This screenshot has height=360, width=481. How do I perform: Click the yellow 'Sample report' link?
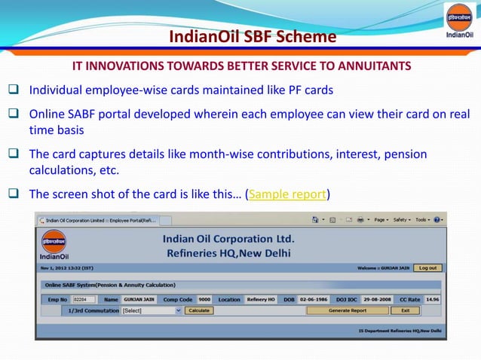287,194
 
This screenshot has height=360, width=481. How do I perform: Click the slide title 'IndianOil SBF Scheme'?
242,37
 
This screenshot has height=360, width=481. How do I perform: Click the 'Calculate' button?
199,310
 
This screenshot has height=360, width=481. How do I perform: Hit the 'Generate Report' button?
347,310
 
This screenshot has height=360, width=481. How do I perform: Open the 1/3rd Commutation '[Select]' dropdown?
152,310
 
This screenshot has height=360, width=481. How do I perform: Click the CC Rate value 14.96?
432,299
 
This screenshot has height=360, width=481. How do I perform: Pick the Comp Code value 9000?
204,299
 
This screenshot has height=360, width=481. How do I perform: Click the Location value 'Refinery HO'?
261,299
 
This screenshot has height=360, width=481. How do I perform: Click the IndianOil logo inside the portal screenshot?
54,245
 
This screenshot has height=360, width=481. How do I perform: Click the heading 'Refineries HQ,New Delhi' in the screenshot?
228,254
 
